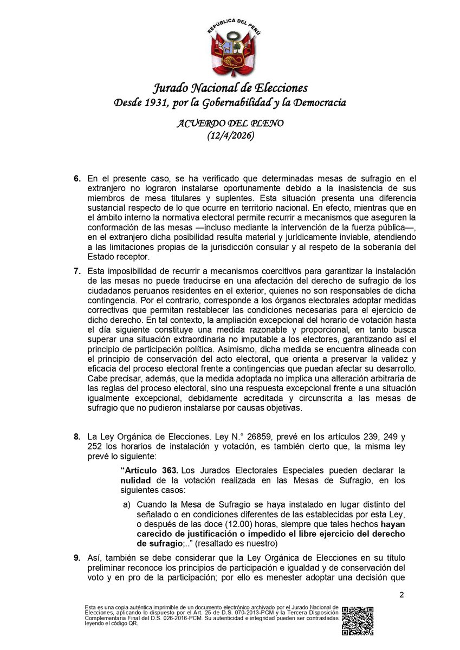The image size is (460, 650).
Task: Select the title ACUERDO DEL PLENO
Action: click(x=230, y=123)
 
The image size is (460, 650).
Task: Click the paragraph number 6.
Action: click(x=76, y=178)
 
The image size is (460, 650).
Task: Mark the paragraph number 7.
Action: click(x=76, y=270)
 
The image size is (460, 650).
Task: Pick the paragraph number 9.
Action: click(x=76, y=557)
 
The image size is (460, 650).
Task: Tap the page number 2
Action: click(x=401, y=595)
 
